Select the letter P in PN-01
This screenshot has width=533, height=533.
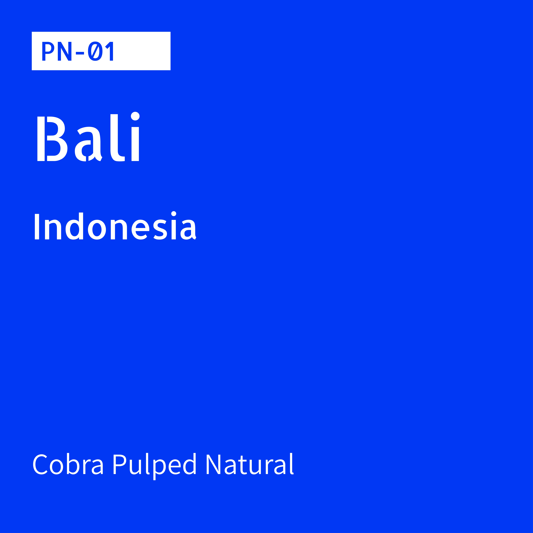click(x=47, y=51)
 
